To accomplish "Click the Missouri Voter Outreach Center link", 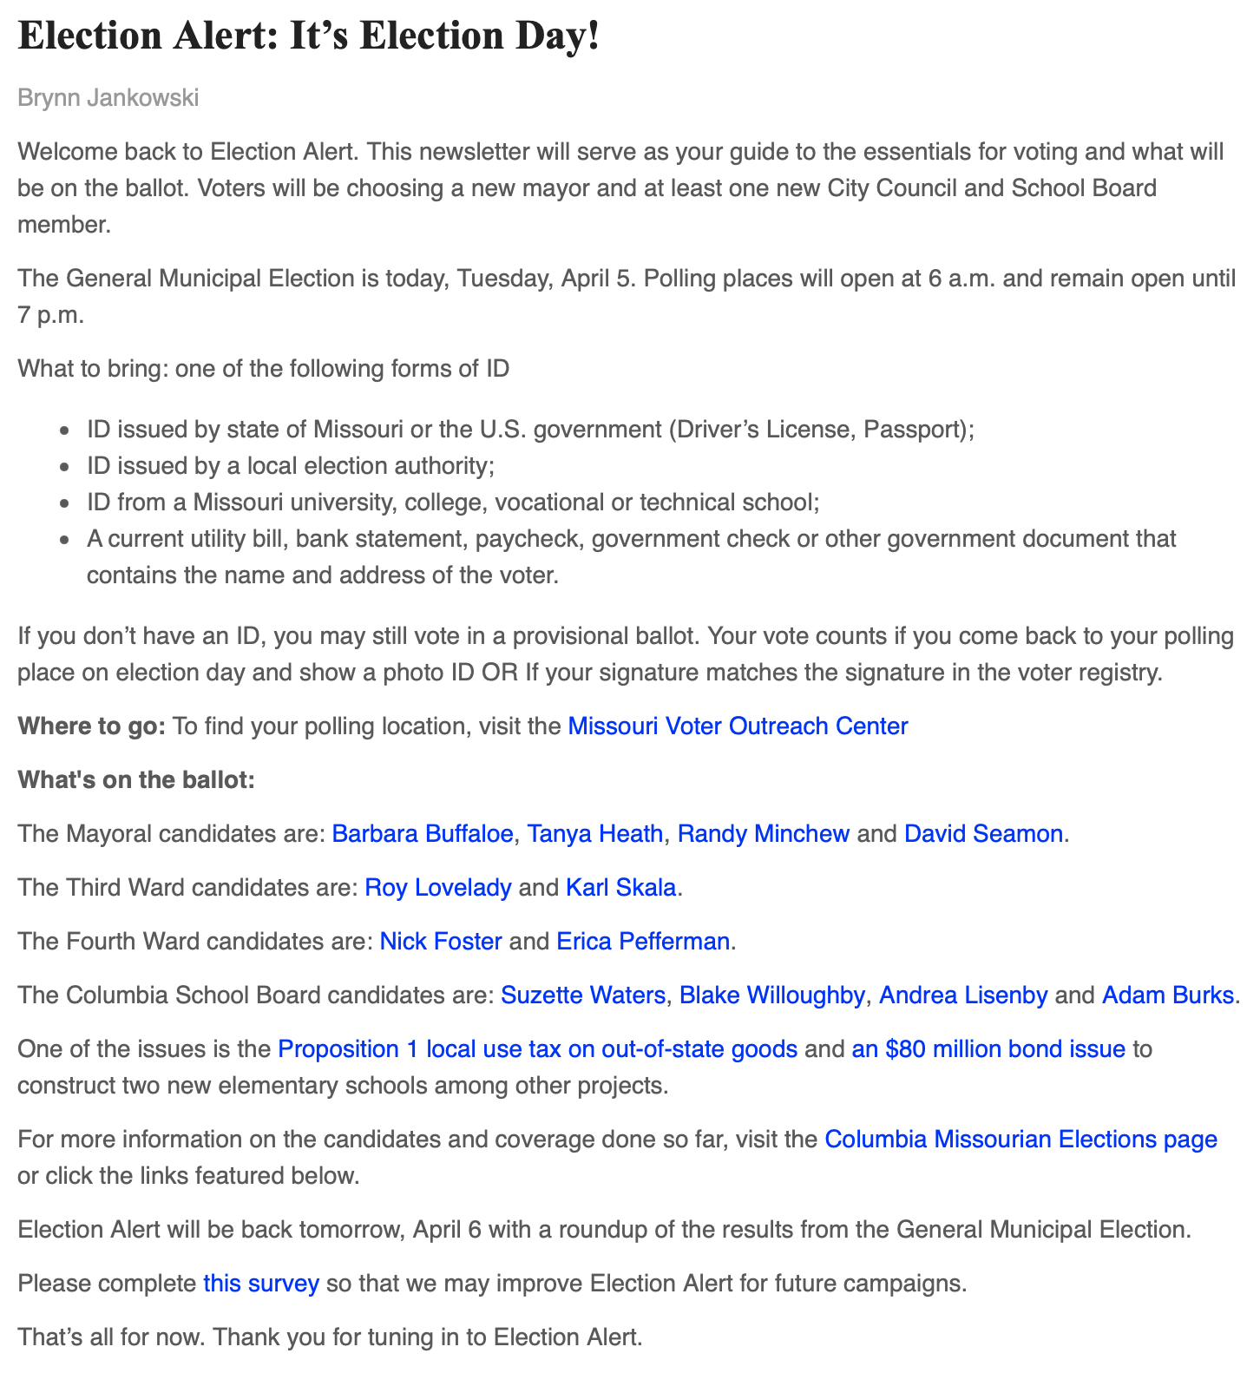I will click(738, 726).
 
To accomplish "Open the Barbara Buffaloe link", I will click(423, 834).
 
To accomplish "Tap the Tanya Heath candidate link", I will click(595, 834).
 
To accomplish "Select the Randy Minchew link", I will click(763, 834).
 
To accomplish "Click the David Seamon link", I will click(983, 834).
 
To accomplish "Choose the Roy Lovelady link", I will click(438, 888).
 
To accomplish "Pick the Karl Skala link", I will click(620, 888).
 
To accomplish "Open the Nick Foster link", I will click(441, 942).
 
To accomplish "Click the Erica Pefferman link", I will click(643, 942).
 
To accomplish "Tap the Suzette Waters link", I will click(583, 995).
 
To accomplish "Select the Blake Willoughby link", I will click(771, 995).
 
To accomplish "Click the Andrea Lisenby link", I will click(963, 995).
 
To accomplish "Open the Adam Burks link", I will click(1167, 995).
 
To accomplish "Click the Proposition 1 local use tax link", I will click(537, 1049).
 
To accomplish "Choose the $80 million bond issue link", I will click(988, 1049).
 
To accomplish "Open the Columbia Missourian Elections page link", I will click(1020, 1140).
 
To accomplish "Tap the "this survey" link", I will click(261, 1284).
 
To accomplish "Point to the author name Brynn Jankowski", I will click(108, 98).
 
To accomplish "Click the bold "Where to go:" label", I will click(91, 726).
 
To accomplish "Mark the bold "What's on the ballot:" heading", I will click(136, 780).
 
